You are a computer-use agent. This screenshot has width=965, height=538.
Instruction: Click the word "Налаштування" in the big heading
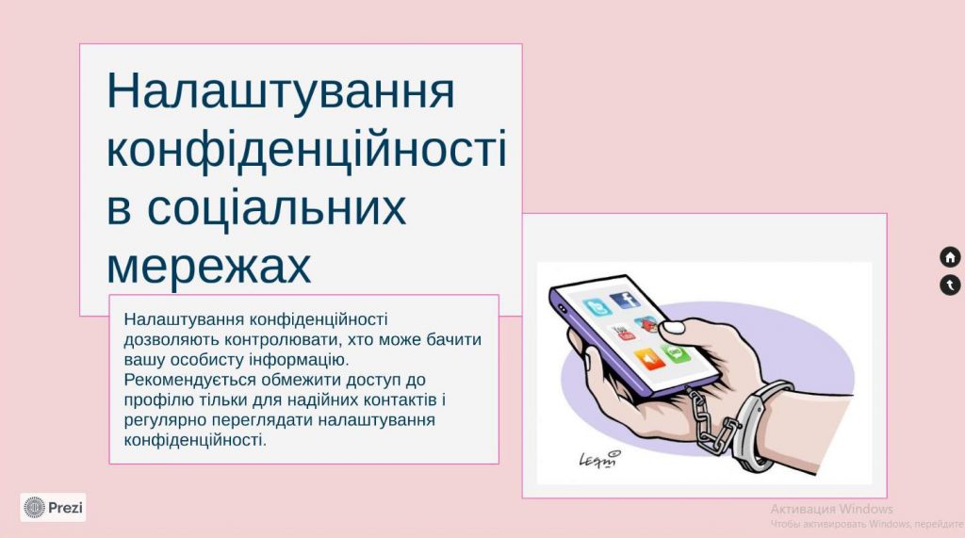[x=280, y=91]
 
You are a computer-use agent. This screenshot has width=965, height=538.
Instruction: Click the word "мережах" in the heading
[x=208, y=267]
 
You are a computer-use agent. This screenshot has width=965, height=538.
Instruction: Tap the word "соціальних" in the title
[x=255, y=208]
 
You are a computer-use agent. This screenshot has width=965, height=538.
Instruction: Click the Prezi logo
[x=54, y=508]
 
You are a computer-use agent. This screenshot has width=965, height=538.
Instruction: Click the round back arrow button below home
[x=950, y=285]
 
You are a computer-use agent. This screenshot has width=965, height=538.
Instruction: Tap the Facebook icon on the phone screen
[x=624, y=302]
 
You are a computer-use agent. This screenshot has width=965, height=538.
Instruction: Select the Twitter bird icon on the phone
[x=597, y=308]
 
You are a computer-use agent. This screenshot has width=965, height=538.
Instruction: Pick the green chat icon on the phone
[x=676, y=352]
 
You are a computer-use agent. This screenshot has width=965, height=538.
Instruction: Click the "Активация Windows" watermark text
[x=831, y=509]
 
